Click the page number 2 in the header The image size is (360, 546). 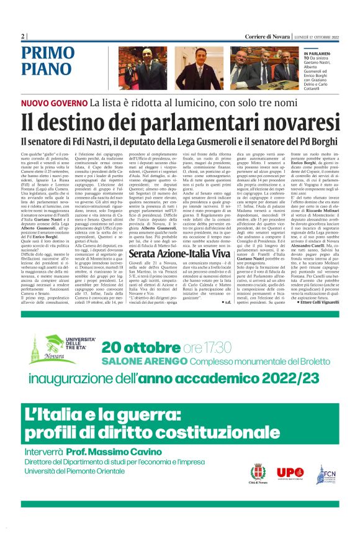point(22,37)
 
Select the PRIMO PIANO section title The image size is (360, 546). point(47,60)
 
